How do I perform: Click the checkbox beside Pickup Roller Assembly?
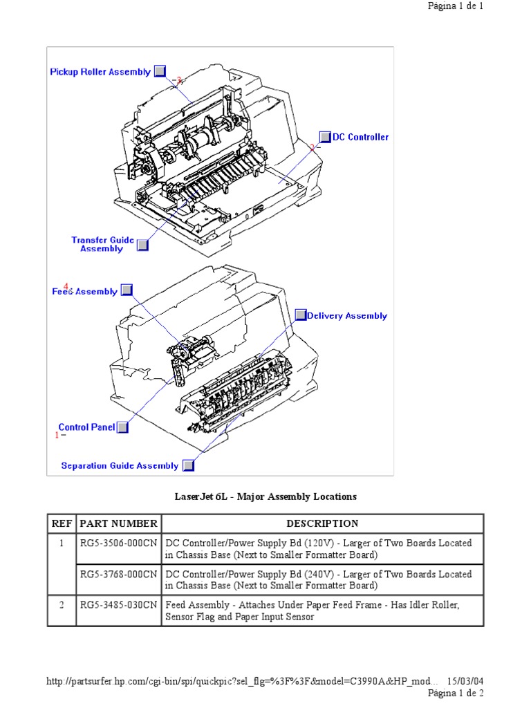[x=160, y=71]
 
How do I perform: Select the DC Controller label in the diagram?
[x=360, y=137]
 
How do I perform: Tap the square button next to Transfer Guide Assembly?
[x=142, y=244]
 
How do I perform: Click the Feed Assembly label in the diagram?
[x=85, y=292]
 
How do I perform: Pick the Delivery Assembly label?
[x=346, y=316]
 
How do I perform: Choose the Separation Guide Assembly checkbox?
[x=188, y=465]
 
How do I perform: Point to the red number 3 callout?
[x=178, y=80]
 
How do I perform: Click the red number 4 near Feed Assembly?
[x=66, y=286]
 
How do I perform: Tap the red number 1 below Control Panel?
[x=57, y=435]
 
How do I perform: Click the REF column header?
[x=62, y=523]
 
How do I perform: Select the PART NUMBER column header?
[x=118, y=523]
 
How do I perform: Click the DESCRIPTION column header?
[x=322, y=523]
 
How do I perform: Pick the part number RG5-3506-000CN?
[x=118, y=543]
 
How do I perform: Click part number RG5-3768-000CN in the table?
[x=118, y=574]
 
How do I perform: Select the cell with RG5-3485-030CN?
[x=118, y=605]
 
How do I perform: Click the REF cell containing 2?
[x=62, y=605]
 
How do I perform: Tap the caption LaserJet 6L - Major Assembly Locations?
[x=265, y=496]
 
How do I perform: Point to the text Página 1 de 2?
[x=456, y=693]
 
